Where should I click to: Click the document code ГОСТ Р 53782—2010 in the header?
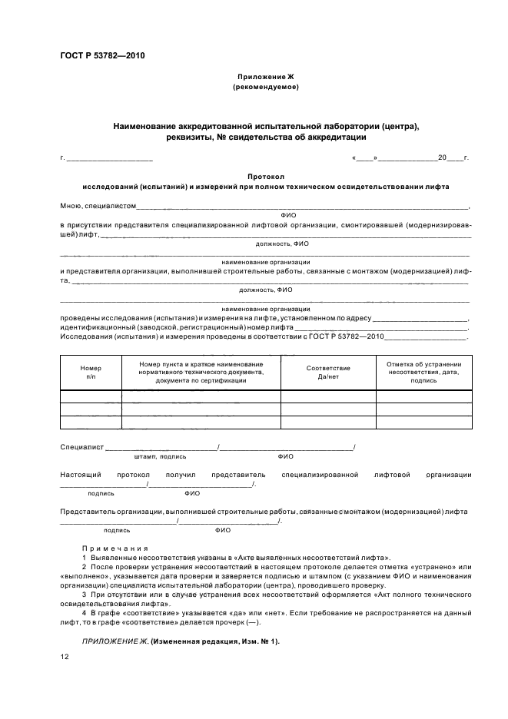coord(102,56)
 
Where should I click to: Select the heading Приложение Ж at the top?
coord(265,77)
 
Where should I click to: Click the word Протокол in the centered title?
coord(265,176)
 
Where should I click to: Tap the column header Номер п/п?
coord(91,373)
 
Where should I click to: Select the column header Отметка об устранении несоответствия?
coord(423,372)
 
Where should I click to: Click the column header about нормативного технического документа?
coord(201,372)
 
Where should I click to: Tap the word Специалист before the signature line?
coord(81,447)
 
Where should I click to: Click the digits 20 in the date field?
coord(442,157)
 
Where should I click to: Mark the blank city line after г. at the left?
coord(110,158)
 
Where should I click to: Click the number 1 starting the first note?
coord(84,557)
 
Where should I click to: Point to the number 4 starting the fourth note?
coord(84,614)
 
